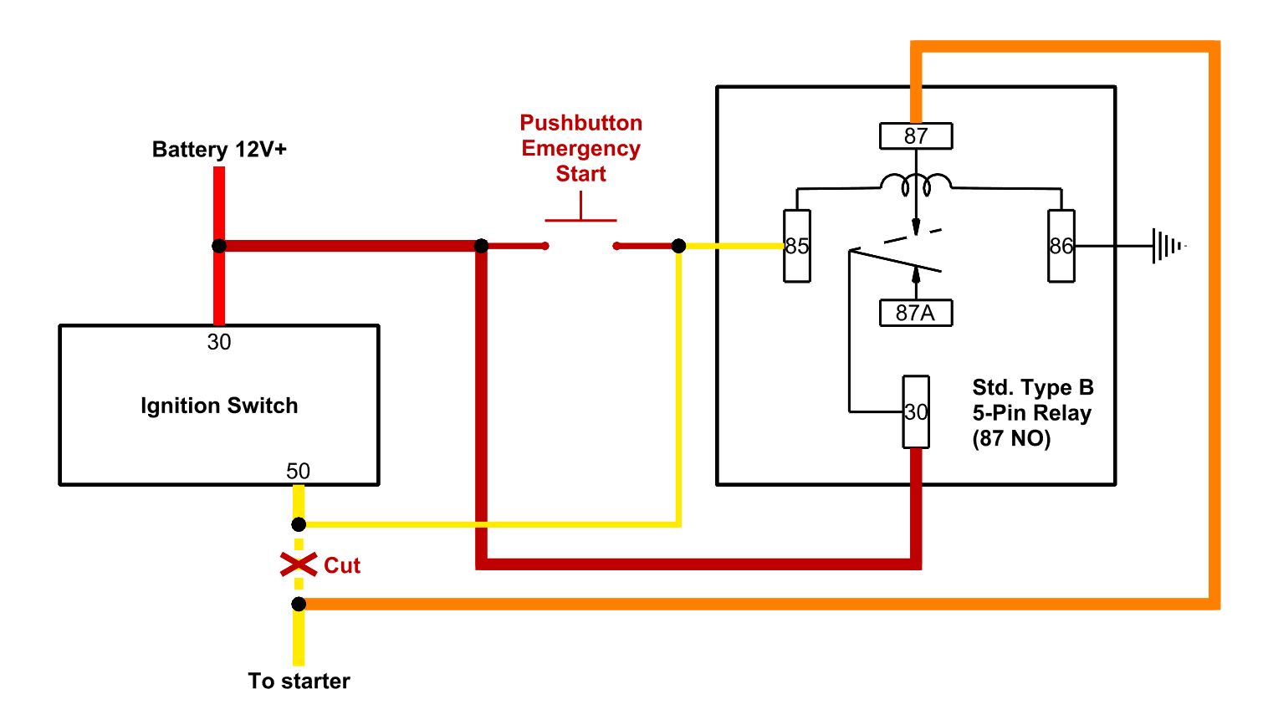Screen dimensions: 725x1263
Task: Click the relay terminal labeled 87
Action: point(916,135)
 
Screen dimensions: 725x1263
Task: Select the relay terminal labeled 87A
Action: point(916,313)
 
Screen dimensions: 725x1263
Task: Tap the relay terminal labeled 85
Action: point(796,246)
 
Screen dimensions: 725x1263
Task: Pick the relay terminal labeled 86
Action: point(1061,246)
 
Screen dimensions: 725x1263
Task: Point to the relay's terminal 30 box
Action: point(916,411)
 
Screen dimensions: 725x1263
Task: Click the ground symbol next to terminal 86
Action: point(1168,246)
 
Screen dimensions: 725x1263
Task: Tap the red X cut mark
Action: point(299,564)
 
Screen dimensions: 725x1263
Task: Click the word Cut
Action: point(342,566)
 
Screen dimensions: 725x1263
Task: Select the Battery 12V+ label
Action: point(219,150)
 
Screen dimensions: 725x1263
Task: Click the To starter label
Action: point(299,681)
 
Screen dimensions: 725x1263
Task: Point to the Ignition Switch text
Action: point(219,406)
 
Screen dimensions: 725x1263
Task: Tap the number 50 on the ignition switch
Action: point(298,471)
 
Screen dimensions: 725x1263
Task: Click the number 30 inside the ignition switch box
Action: point(219,342)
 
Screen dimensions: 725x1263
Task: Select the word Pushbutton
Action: point(581,123)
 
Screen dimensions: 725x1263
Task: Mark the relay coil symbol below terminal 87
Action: point(916,183)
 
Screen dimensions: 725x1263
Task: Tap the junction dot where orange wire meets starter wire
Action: point(299,604)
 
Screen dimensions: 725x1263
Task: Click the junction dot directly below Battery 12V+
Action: point(219,246)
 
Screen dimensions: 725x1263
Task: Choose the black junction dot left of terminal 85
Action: point(678,246)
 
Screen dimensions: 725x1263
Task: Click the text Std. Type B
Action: point(1033,387)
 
